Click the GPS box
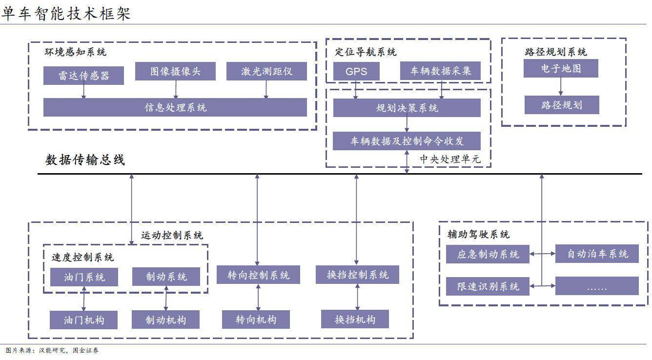click(356, 71)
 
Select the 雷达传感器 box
click(83, 76)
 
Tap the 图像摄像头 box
click(175, 71)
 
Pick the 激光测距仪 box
click(266, 71)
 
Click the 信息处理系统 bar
click(175, 107)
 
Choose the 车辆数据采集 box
click(440, 71)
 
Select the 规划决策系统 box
click(407, 108)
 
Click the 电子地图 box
click(561, 68)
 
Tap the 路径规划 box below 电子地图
click(562, 105)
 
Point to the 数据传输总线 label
click(85, 160)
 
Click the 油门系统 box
click(84, 277)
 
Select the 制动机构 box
click(165, 320)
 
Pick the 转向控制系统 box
click(258, 275)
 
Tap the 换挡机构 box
click(355, 319)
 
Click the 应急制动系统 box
click(488, 254)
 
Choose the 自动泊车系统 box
click(597, 254)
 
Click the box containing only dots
click(597, 286)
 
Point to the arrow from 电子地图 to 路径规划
click(561, 86)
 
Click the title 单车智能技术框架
click(66, 13)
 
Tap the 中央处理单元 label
click(450, 159)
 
